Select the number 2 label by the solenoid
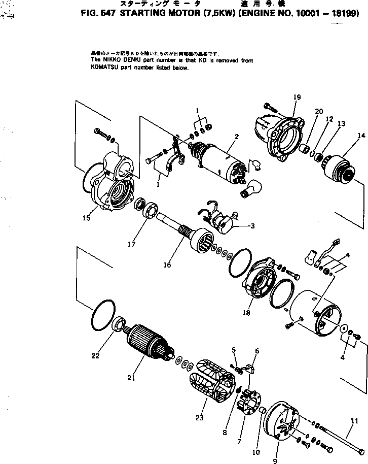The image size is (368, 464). tap(236, 137)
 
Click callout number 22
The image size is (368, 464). tap(95, 355)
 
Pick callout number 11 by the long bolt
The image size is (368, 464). tap(354, 421)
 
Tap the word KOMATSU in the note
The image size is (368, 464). tap(104, 68)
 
